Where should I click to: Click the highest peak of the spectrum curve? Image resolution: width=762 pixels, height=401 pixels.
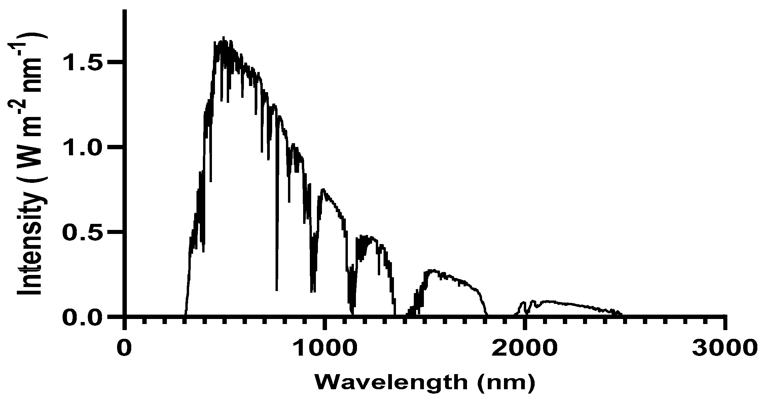click(223, 38)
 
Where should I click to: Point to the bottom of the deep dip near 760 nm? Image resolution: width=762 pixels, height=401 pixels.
click(277, 290)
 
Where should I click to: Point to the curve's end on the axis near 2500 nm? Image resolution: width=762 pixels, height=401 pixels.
click(621, 315)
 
